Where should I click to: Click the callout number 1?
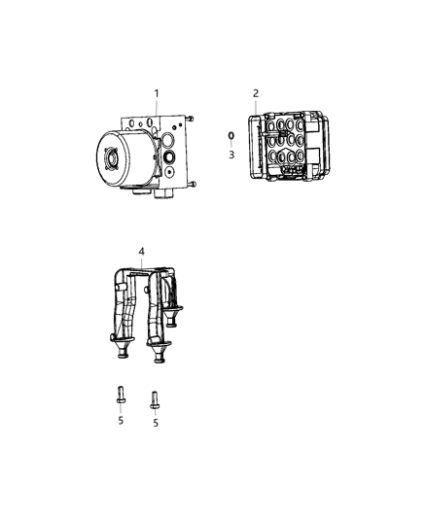point(155,93)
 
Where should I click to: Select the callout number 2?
point(256,93)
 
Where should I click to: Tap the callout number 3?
point(231,155)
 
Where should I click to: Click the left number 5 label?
point(121,420)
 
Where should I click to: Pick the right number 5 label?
point(155,423)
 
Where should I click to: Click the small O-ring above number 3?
point(231,136)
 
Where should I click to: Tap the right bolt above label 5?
point(154,398)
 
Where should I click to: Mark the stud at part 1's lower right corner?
point(195,185)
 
